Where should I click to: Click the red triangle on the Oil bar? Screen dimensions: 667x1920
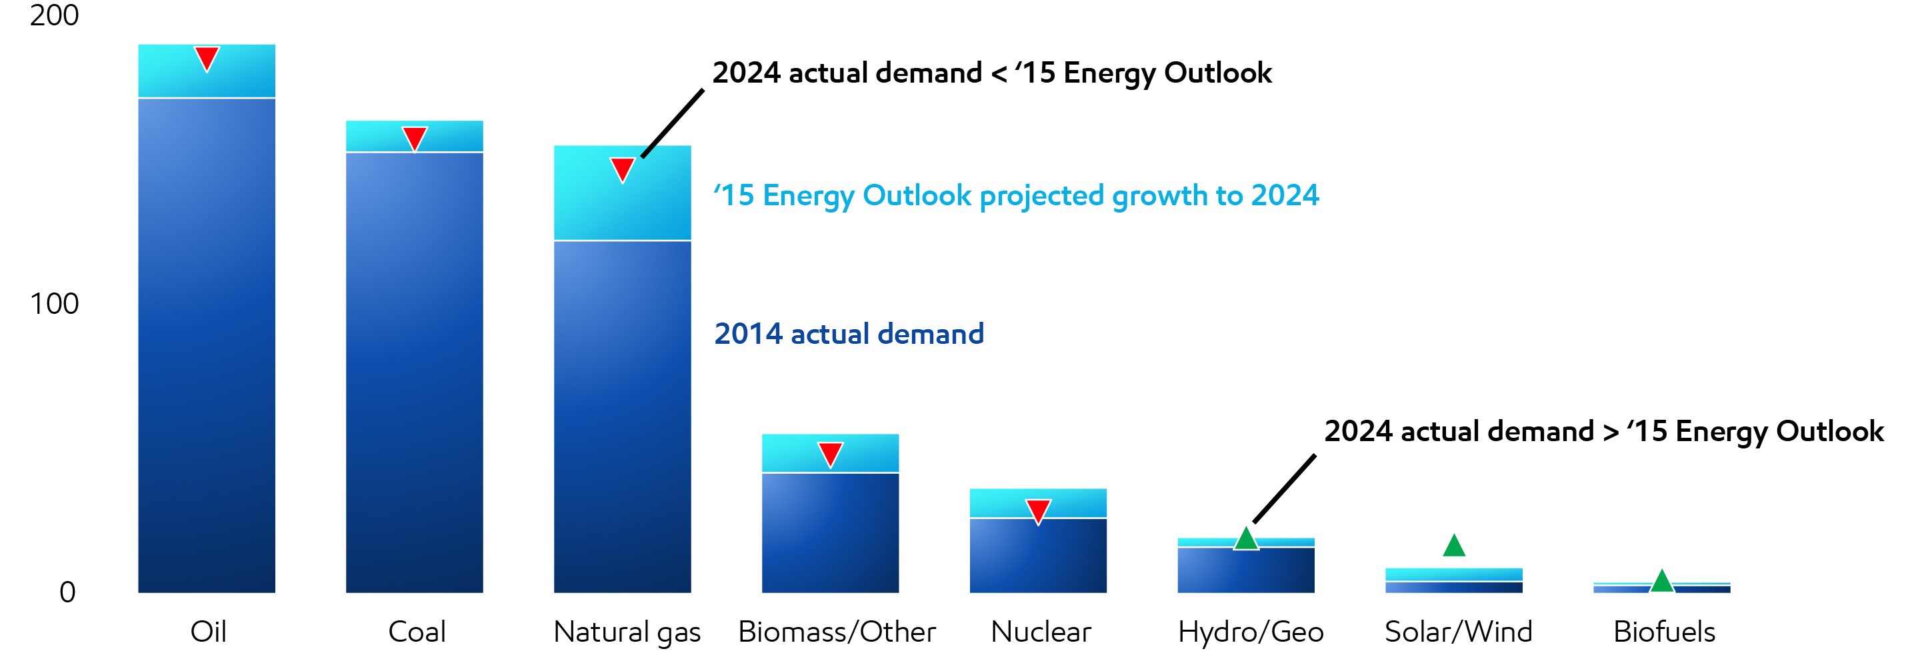207,57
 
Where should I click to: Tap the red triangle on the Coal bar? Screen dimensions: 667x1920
415,137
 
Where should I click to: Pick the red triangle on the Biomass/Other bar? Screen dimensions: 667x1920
830,453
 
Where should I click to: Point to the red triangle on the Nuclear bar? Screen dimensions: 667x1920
1038,510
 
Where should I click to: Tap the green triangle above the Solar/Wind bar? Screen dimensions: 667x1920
1454,547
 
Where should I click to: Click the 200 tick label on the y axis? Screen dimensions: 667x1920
53,15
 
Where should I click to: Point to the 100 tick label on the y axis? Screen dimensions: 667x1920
53,304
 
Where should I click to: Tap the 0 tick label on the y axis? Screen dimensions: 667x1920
67,592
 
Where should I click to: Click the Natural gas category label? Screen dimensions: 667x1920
627,632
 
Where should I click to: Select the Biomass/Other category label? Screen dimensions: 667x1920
836,632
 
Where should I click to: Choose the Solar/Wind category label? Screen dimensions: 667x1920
1459,632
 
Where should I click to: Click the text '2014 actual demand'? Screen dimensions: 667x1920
849,334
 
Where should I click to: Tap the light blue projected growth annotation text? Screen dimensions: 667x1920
1016,195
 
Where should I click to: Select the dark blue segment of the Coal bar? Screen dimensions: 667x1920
415,372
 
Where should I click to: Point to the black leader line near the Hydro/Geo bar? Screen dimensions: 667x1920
1284,489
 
